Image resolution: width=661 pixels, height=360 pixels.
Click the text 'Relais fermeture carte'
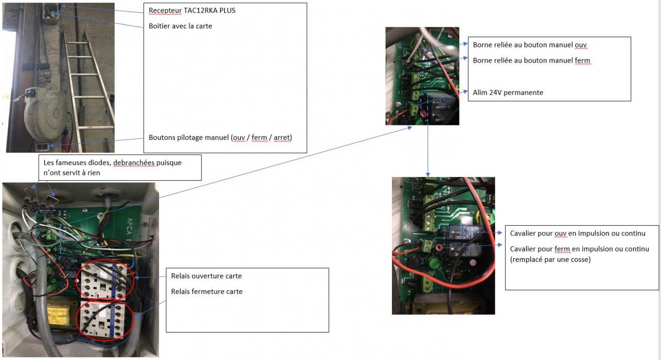[x=207, y=291]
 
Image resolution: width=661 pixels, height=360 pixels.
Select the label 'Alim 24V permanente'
[x=508, y=92]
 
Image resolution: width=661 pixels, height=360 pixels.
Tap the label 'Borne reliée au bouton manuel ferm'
[x=531, y=60]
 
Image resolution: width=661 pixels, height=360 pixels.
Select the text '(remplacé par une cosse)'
[x=550, y=259]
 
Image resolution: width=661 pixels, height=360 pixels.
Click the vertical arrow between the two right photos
[x=428, y=150]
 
